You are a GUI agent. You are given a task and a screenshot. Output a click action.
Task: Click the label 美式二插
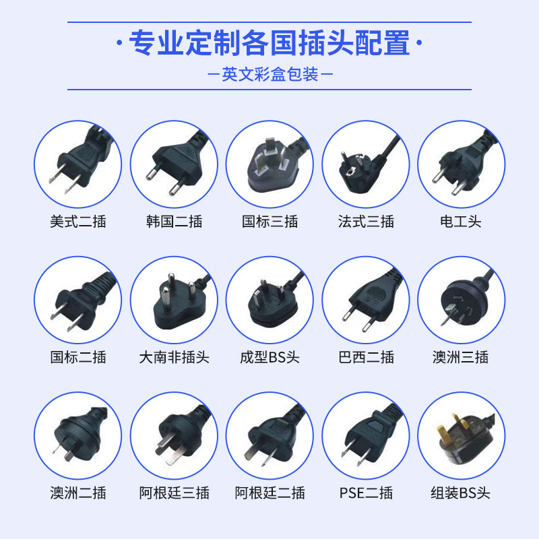coord(77,222)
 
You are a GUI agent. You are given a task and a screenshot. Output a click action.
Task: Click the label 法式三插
coord(366,222)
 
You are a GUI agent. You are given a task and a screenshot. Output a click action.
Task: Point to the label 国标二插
coord(77,357)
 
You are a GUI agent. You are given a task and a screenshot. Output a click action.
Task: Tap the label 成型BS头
coord(269,357)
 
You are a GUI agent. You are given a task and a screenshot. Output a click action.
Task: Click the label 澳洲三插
coord(461,357)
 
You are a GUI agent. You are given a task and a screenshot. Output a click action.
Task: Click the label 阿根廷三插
coord(174,493)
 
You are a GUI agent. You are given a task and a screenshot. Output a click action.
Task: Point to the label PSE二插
coord(366,493)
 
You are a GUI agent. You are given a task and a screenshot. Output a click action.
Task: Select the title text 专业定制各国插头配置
coord(269,44)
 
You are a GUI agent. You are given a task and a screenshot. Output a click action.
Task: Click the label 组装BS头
coord(461,493)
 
